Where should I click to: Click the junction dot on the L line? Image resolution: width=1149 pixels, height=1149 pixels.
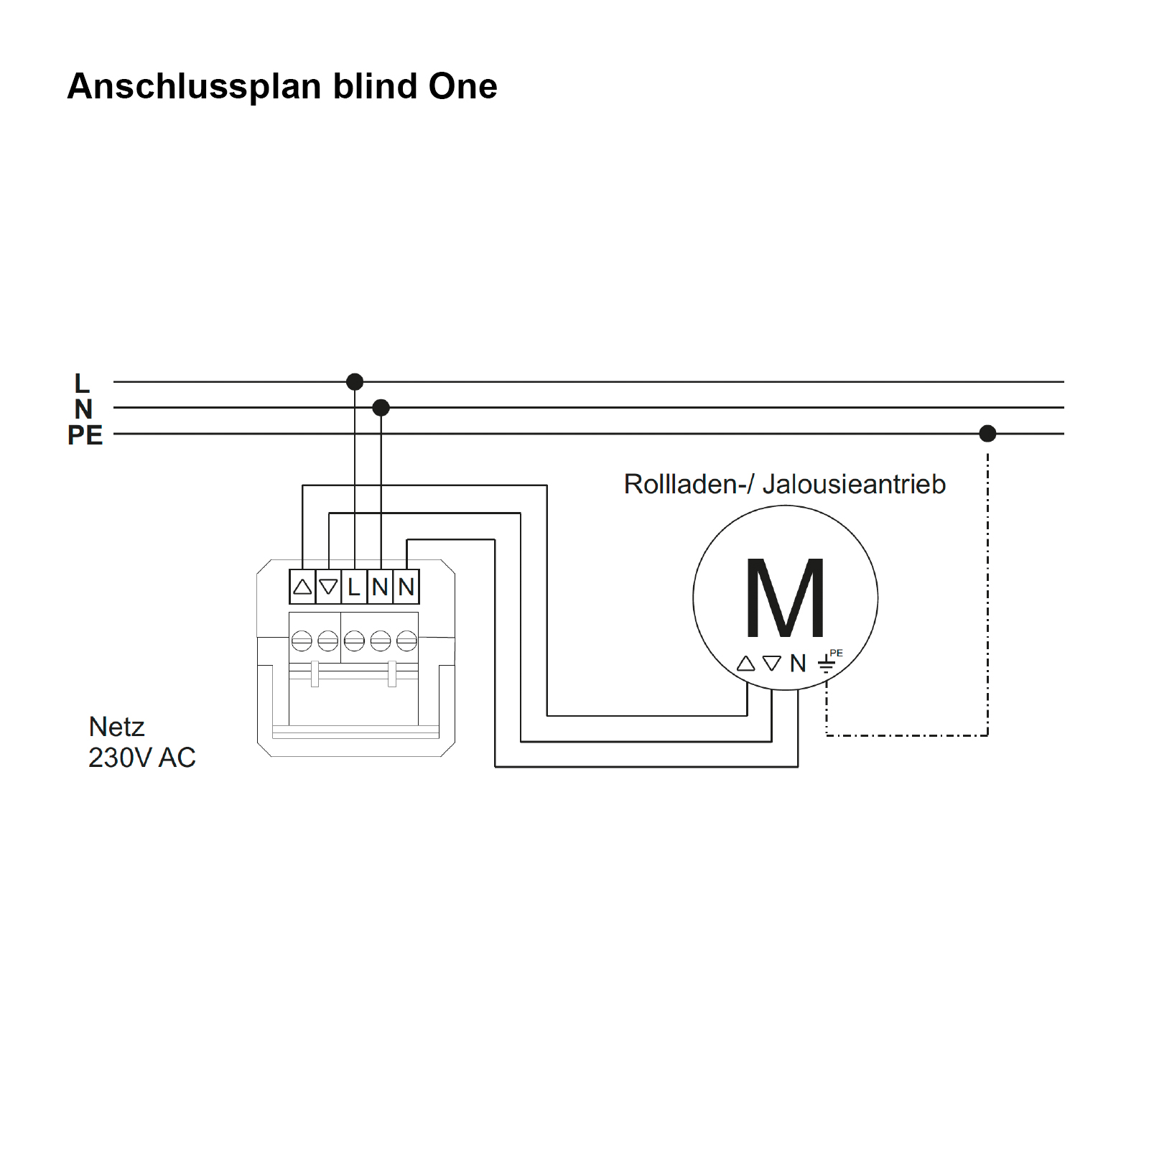pos(355,381)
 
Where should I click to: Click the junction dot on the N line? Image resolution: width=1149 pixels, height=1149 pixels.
pos(381,408)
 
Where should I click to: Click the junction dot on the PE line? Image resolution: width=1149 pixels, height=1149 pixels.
pos(987,433)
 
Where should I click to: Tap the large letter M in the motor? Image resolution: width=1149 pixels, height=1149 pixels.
pos(785,598)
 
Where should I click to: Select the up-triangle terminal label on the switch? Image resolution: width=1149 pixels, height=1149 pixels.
pos(302,587)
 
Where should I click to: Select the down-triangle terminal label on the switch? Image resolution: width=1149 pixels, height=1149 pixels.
pos(328,587)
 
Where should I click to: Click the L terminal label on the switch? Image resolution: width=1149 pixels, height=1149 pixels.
pos(354,587)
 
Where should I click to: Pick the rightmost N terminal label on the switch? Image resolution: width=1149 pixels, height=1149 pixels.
pos(406,587)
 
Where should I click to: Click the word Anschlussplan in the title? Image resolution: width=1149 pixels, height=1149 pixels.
pos(194,87)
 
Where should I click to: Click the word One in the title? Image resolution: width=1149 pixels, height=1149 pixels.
pos(462,86)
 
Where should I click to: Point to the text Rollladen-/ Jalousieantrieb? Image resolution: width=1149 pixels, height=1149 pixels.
pos(784,484)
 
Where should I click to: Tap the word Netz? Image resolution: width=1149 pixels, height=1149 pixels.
pos(116,727)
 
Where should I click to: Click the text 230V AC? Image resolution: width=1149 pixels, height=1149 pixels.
pos(141,758)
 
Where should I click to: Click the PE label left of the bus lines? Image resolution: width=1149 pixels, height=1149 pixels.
pos(85,435)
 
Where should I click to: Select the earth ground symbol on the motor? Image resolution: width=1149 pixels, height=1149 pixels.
pos(827,664)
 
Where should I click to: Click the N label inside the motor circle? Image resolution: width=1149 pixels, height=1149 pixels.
pos(798,663)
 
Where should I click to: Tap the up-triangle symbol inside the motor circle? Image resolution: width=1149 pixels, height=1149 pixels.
pos(746,663)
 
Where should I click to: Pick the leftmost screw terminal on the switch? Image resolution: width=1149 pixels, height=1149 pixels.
pos(302,640)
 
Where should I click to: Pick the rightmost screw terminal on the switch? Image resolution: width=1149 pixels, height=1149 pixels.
pos(406,640)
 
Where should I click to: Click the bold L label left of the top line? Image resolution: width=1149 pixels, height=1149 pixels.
pos(82,383)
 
